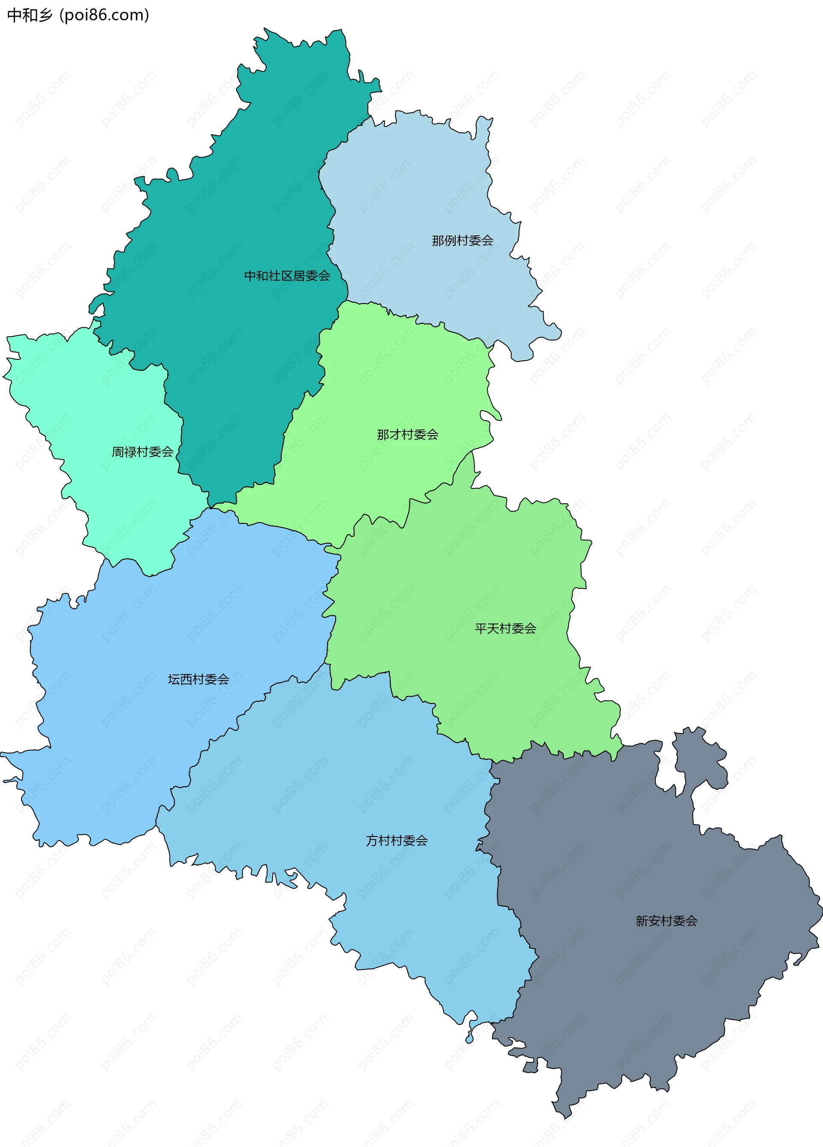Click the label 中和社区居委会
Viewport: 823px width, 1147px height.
(287, 276)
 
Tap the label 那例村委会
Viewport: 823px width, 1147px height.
(462, 240)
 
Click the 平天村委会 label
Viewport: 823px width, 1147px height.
(505, 629)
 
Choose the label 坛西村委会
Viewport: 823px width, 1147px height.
(198, 679)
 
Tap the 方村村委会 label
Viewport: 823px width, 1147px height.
(396, 840)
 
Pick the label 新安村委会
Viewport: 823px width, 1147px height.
(666, 921)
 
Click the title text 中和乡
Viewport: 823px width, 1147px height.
(29, 15)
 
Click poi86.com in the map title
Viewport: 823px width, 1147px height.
(104, 15)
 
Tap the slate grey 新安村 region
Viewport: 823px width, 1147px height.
(632, 986)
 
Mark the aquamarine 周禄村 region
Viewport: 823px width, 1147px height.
(91, 405)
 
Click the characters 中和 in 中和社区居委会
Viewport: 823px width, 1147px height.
(256, 276)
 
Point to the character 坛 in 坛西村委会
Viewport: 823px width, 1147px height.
(174, 679)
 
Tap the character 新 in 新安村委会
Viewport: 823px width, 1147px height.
(642, 921)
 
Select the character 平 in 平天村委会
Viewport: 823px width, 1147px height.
(481, 629)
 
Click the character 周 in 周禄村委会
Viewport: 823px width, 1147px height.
(118, 452)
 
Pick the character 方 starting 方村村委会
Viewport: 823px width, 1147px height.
(372, 840)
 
